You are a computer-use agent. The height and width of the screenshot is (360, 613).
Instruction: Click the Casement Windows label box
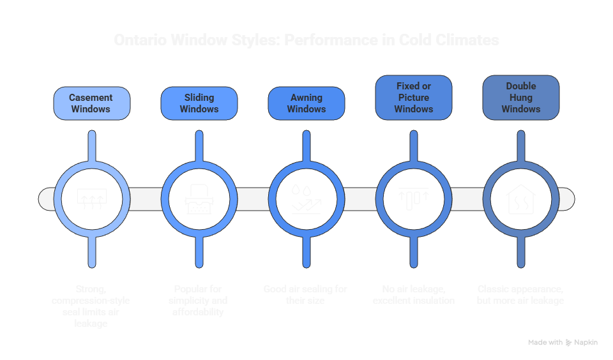(91, 103)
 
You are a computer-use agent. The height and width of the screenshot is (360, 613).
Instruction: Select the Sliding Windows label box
(199, 103)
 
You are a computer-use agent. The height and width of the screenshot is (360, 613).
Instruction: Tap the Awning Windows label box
(306, 103)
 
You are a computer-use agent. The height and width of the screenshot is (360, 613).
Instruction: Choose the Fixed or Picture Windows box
(413, 97)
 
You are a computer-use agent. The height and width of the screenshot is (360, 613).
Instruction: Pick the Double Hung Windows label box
(521, 97)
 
